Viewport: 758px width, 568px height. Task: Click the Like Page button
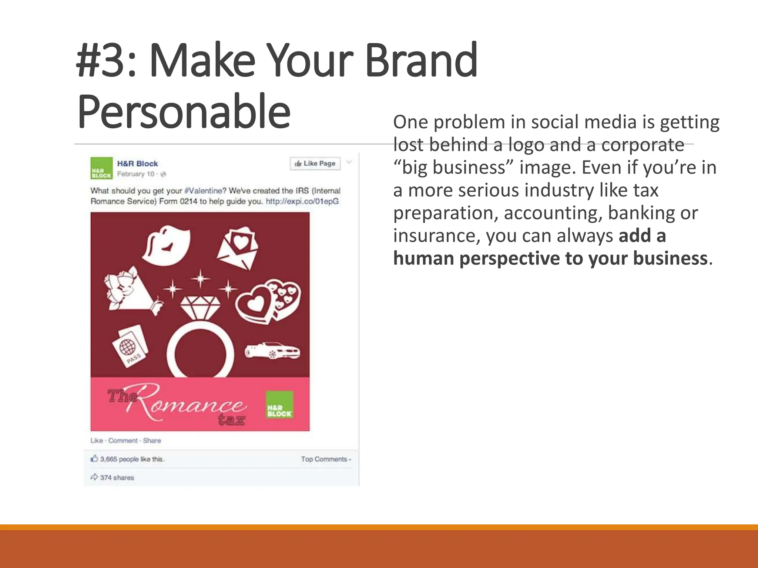click(315, 163)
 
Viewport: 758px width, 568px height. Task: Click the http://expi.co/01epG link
click(302, 202)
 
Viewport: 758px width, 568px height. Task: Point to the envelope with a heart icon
click(238, 248)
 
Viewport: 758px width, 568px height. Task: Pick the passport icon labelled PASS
click(130, 346)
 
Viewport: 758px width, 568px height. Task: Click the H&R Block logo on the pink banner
click(279, 405)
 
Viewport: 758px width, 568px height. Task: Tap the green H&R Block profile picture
click(101, 168)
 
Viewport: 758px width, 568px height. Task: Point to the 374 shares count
click(117, 478)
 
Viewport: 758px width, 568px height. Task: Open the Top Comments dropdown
click(326, 459)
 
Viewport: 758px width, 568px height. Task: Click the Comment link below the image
click(123, 441)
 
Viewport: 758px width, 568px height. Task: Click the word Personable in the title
click(184, 112)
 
